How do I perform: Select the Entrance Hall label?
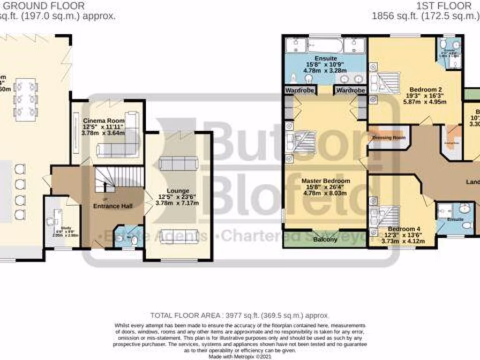click(112, 206)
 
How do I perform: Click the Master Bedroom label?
click(326, 180)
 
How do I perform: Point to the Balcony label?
click(325, 240)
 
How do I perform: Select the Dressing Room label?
click(388, 138)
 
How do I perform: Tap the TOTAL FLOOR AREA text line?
click(240, 315)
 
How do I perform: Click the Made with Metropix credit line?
click(240, 356)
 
